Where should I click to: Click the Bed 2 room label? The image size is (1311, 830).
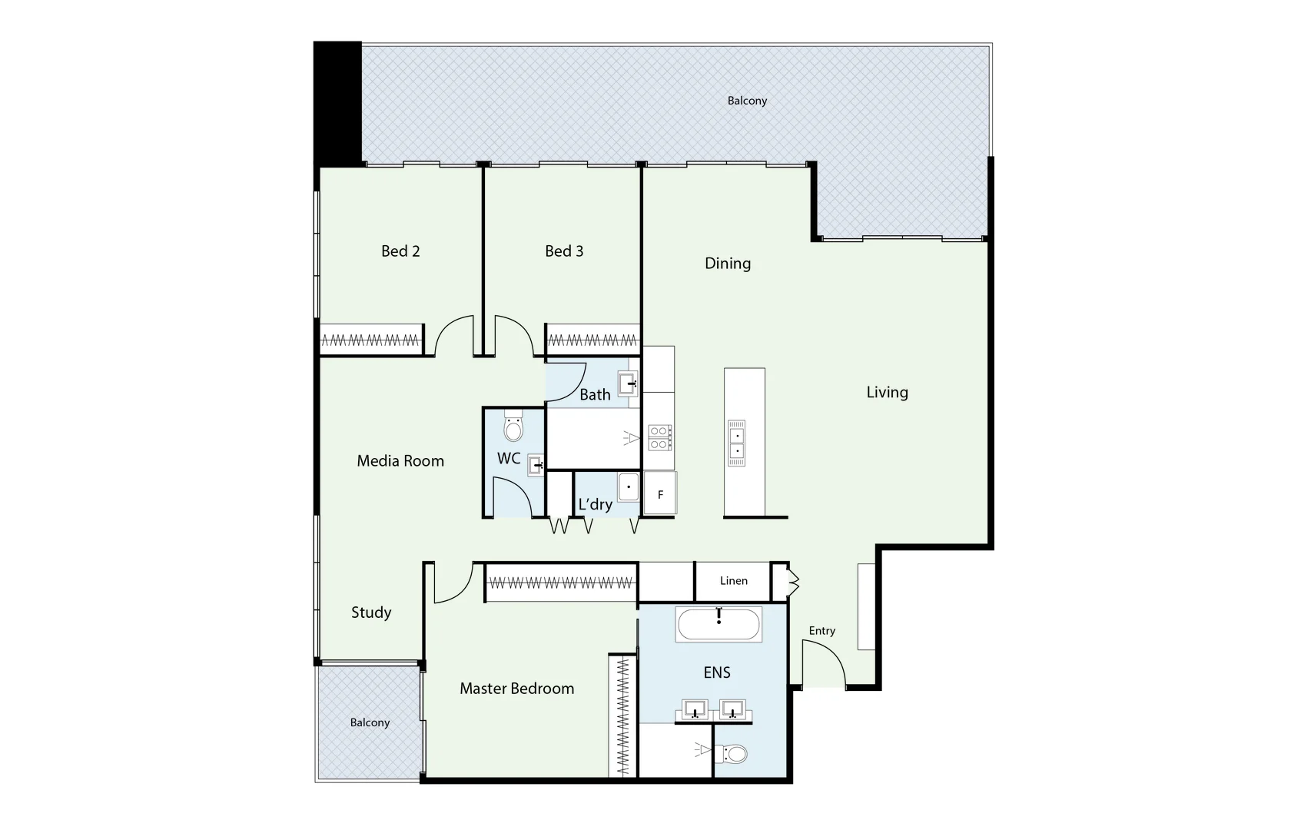(400, 251)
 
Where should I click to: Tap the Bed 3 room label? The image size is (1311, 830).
(564, 251)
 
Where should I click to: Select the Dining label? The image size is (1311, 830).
(728, 264)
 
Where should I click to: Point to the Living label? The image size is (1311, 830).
(887, 393)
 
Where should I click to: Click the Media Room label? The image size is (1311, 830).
(400, 461)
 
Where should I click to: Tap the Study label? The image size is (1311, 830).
(371, 613)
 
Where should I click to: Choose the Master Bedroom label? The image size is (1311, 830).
(516, 689)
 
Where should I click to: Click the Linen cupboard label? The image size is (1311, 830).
(733, 581)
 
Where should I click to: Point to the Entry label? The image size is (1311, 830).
(821, 631)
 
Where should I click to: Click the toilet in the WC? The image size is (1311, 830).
(513, 427)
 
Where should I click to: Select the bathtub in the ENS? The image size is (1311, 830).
(719, 625)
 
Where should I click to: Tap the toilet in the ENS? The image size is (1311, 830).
(732, 754)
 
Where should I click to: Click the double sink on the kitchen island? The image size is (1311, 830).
(736, 443)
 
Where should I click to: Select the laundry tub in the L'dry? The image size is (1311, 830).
(629, 487)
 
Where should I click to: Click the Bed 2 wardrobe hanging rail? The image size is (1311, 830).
(370, 340)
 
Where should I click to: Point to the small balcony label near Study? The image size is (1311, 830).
(370, 722)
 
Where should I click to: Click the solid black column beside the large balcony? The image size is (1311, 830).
(337, 104)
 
